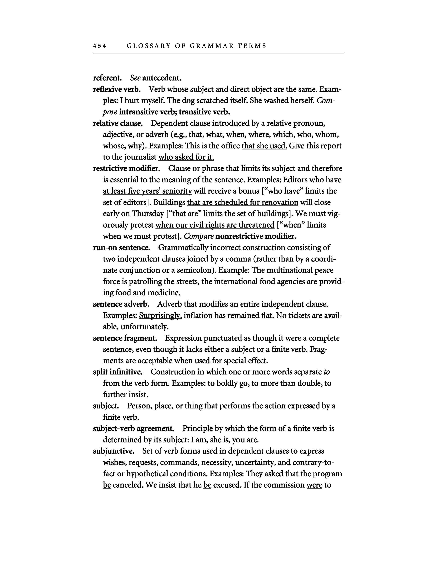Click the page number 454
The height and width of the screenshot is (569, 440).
(x=100, y=46)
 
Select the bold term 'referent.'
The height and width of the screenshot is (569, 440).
(x=107, y=78)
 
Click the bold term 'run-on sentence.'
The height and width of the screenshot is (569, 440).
(x=121, y=247)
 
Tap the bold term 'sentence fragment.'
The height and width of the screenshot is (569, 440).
(x=125, y=338)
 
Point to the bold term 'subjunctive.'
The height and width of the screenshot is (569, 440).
(x=114, y=451)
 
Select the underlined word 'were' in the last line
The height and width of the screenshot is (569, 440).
(x=314, y=485)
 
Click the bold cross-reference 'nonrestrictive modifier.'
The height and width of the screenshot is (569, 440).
(x=256, y=236)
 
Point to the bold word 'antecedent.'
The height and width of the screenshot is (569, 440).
(x=162, y=78)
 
